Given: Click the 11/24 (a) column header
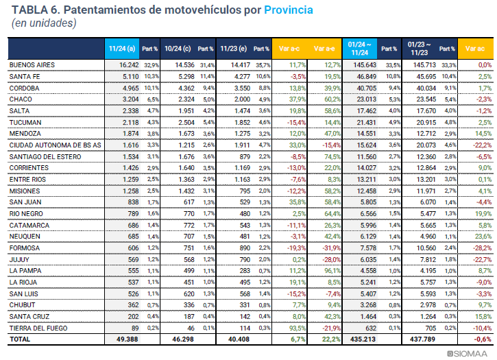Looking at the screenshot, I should tap(121, 49).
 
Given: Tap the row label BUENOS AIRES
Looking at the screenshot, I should tap(32, 64).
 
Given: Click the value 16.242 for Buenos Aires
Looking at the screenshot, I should tap(126, 64).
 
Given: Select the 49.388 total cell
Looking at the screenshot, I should tap(126, 339).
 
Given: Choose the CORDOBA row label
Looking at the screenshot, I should tap(25, 88).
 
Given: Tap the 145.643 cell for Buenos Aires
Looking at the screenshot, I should tap(363, 64).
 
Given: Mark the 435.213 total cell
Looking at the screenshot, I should tap(363, 339).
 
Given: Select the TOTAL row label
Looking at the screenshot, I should tap(19, 339).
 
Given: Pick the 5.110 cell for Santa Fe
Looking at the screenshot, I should tap(129, 76).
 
